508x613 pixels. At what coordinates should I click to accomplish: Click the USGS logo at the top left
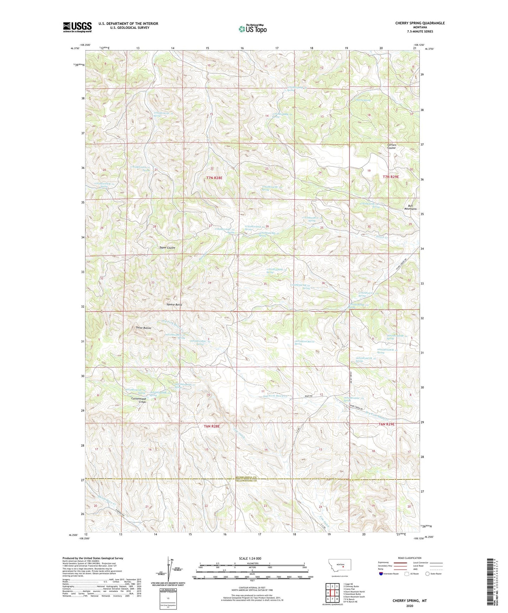click(x=77, y=27)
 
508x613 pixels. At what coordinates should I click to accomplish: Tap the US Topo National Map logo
click(x=252, y=29)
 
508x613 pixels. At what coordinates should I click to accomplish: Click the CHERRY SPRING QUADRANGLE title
click(x=420, y=23)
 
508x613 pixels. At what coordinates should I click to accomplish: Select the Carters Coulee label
click(x=392, y=146)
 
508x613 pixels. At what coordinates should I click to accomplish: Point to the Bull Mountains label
click(x=410, y=207)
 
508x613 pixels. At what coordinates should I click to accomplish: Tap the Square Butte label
click(x=174, y=305)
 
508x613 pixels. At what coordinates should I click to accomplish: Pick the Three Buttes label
click(x=143, y=328)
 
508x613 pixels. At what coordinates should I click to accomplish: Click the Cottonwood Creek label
click(x=139, y=400)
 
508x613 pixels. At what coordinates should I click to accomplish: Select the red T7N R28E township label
click(x=214, y=178)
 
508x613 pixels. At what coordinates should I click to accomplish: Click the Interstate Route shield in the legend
click(x=381, y=574)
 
